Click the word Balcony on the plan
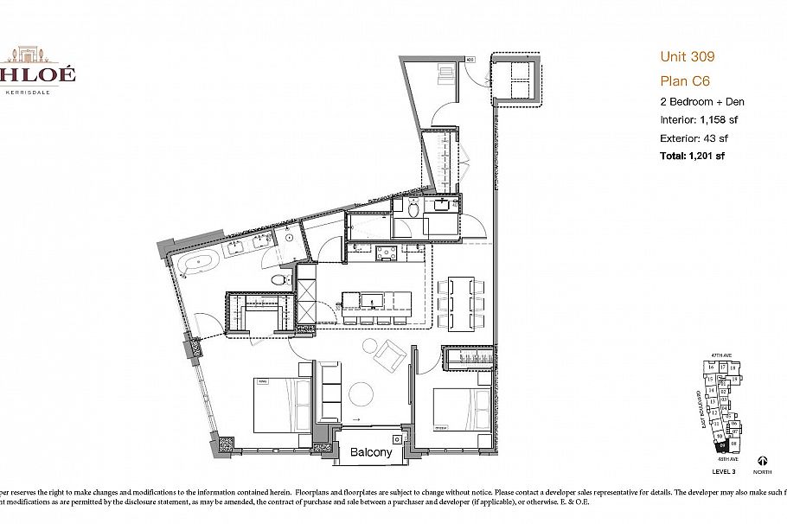click(372, 452)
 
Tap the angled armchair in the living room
click(388, 353)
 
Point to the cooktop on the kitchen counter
click(387, 253)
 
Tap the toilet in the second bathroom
click(413, 208)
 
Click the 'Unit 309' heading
click(687, 57)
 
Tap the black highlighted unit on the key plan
click(723, 446)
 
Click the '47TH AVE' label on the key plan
click(721, 355)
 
